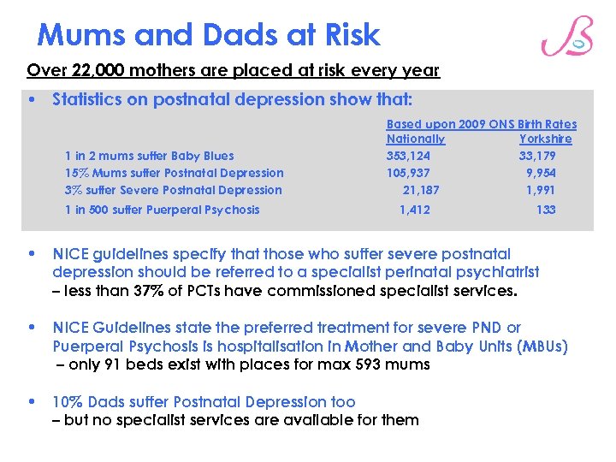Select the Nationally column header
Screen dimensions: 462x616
[x=415, y=139]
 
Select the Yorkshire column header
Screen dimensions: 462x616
[x=545, y=139]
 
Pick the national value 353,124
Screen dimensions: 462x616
[x=408, y=156]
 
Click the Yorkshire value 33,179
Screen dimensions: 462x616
[x=536, y=156]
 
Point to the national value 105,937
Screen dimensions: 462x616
[x=408, y=173]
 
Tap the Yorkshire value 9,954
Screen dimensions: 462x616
[x=541, y=173]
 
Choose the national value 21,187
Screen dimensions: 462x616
[x=420, y=190]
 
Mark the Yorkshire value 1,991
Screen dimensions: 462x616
[x=541, y=190]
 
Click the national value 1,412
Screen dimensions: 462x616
[x=415, y=210]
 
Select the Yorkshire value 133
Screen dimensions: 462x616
[x=546, y=210]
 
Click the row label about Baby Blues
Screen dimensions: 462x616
[x=149, y=156]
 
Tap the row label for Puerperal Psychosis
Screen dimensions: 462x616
[x=162, y=210]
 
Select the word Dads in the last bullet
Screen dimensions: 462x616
[x=104, y=402]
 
